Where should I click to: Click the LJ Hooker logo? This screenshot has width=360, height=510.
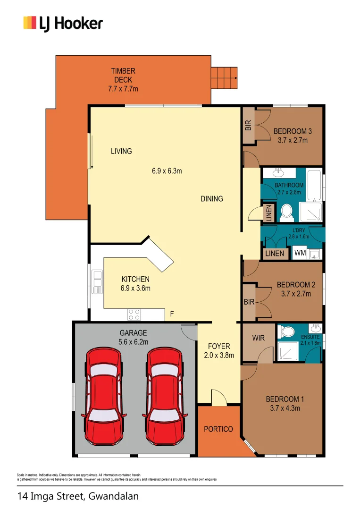[x=63, y=23]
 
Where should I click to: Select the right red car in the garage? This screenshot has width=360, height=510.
[x=164, y=394]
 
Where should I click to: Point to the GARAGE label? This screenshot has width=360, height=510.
[x=133, y=333]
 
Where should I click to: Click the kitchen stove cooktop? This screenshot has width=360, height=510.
[x=134, y=314]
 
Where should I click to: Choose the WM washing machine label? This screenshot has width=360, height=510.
[x=300, y=254]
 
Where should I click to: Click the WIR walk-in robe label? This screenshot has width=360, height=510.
[x=258, y=338]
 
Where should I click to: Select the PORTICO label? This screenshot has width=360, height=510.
[x=218, y=429]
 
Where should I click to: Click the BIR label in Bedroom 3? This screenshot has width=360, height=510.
[x=249, y=125]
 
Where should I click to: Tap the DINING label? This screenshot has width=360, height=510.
[x=212, y=199]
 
